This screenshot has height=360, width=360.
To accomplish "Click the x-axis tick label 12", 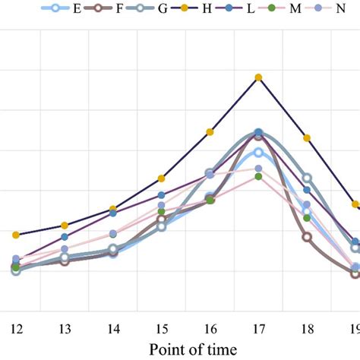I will (x=16, y=329).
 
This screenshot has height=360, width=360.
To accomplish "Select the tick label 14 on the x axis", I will (x=113, y=329).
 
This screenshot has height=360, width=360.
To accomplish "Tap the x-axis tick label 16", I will (x=210, y=329).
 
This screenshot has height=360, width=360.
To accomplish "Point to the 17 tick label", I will (x=259, y=329).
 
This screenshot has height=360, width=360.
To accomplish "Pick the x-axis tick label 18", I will (x=307, y=329).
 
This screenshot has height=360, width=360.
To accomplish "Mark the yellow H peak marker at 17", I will (x=259, y=77).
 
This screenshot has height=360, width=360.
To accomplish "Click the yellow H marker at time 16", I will (x=210, y=132).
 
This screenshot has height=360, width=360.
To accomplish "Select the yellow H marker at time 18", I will (x=307, y=138).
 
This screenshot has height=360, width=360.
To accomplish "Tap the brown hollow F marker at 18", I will (x=307, y=237).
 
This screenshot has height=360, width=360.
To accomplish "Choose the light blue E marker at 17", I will (x=259, y=153).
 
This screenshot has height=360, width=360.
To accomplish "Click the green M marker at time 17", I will (x=259, y=176).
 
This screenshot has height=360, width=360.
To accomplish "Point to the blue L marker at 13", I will (x=65, y=237).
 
